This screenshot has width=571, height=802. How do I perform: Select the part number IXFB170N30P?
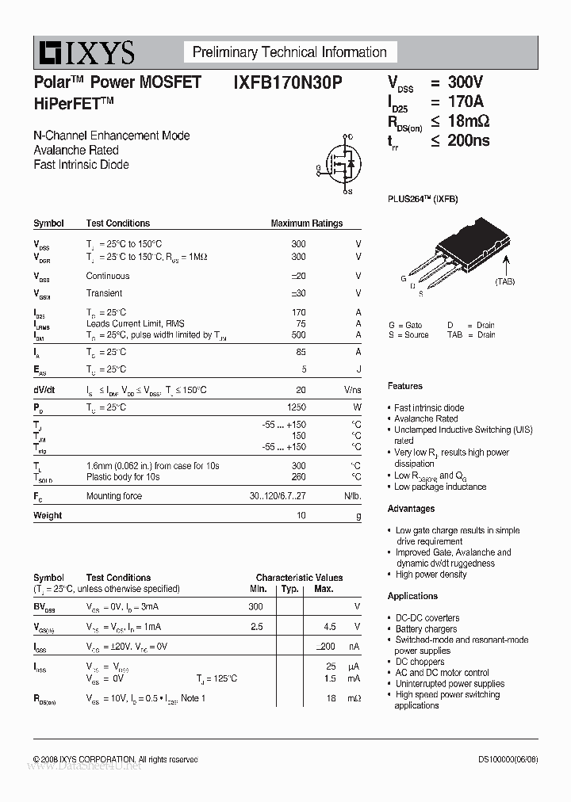click(288, 82)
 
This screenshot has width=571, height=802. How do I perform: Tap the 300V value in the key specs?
click(465, 82)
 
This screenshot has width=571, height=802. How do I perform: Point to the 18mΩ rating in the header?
click(469, 121)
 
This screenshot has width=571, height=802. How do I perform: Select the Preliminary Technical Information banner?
click(289, 52)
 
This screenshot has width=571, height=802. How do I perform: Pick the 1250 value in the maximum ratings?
click(295, 407)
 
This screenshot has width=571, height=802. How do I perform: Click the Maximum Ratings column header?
click(306, 223)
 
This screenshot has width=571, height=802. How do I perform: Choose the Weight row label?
click(48, 515)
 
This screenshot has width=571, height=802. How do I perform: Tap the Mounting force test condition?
click(114, 496)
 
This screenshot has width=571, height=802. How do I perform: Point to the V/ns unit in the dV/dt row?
click(352, 390)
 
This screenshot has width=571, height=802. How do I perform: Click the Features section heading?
click(404, 386)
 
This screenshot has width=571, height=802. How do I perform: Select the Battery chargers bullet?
click(427, 629)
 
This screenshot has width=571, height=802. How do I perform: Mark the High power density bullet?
click(431, 575)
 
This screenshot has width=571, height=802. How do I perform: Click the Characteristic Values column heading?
click(299, 578)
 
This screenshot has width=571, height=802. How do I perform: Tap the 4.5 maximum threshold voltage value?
click(330, 626)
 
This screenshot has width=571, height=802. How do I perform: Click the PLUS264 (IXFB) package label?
click(423, 199)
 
